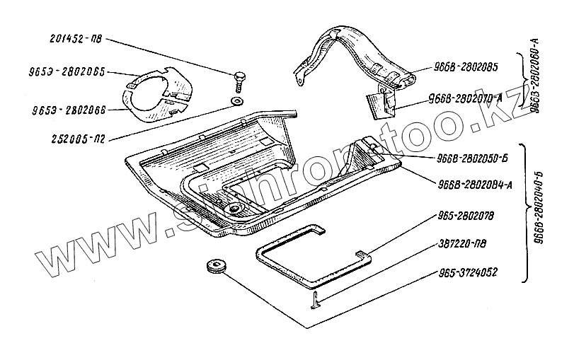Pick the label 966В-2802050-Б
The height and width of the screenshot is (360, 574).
[x=477, y=159]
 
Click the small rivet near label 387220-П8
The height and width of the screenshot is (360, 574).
[x=316, y=303]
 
